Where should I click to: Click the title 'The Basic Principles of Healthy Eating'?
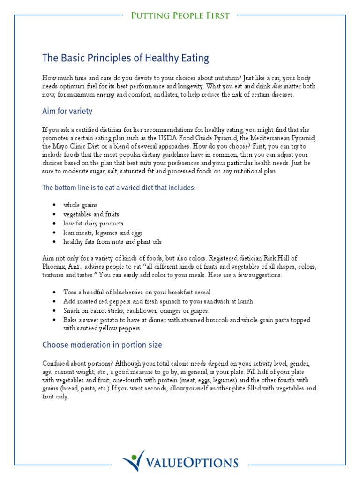tap(126, 59)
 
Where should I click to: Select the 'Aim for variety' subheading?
tap(67, 112)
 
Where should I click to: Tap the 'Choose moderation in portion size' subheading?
tap(102, 345)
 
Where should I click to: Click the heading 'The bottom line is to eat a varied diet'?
tap(119, 187)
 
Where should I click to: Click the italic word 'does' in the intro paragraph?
tap(279, 86)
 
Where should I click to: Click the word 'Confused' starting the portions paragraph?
tap(56, 364)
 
